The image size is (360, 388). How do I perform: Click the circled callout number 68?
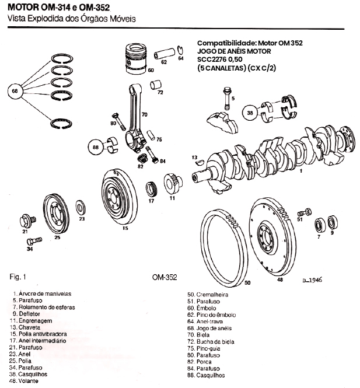point(15,91)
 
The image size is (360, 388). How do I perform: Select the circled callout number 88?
point(95,148)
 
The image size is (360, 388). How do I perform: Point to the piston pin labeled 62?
point(163,54)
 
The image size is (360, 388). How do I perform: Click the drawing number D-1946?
point(313,279)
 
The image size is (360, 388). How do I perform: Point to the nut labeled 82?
point(140,159)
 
